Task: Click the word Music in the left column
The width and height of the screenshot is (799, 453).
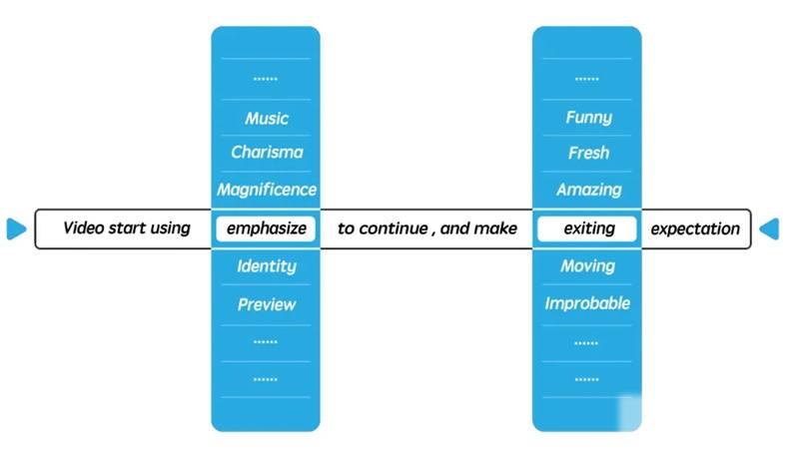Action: click(267, 119)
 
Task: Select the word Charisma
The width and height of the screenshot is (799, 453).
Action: click(267, 153)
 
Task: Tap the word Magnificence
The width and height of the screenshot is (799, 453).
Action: click(267, 190)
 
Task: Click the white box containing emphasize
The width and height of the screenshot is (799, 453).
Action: click(266, 228)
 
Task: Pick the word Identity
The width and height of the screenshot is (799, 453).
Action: click(267, 266)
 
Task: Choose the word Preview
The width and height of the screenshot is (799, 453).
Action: click(267, 304)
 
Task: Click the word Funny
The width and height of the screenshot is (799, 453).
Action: click(588, 118)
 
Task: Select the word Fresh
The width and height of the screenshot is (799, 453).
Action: click(588, 153)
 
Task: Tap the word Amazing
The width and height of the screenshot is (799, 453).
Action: click(588, 190)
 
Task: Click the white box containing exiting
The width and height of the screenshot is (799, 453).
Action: click(587, 228)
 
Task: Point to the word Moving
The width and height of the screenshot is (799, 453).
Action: click(588, 266)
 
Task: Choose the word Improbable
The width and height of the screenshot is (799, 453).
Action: click(587, 303)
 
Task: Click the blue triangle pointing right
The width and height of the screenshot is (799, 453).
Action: click(16, 228)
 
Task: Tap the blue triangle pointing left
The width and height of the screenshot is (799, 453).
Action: click(769, 228)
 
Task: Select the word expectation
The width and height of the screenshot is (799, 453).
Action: click(695, 229)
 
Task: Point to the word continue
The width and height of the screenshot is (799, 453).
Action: click(394, 228)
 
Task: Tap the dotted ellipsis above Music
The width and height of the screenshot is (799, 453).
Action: click(266, 79)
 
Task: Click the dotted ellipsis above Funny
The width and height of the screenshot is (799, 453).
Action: click(587, 79)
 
